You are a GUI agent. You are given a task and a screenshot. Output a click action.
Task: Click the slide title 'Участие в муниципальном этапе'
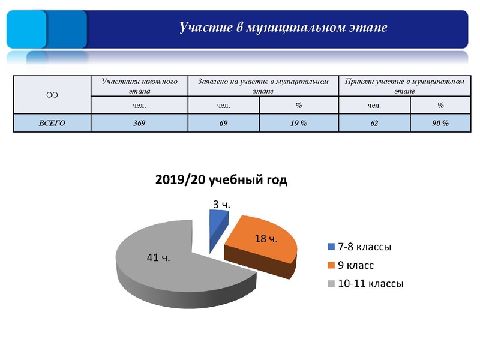pyautogui.click(x=283, y=28)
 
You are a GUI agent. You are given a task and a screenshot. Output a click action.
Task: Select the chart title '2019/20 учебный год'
pyautogui.click(x=221, y=180)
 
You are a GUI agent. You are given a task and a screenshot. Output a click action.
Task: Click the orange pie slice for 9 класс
pyautogui.click(x=264, y=246)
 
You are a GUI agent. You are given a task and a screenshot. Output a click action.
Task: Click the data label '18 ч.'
pyautogui.click(x=266, y=239)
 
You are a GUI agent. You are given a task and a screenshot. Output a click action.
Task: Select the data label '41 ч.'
pyautogui.click(x=158, y=257)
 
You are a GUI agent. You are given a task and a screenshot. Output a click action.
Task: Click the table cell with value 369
pyautogui.click(x=139, y=123)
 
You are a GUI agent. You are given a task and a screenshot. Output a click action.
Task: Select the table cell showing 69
pyautogui.click(x=223, y=123)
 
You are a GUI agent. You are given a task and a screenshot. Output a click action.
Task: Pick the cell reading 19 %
pyautogui.click(x=299, y=123)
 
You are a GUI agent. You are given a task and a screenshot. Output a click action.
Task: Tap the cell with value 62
pyautogui.click(x=374, y=123)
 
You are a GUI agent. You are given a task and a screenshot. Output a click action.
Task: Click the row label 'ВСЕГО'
pyautogui.click(x=52, y=123)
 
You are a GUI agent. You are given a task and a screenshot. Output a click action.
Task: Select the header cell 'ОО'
pyautogui.click(x=52, y=95)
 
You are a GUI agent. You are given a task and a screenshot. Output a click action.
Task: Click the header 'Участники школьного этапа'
pyautogui.click(x=139, y=86)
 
